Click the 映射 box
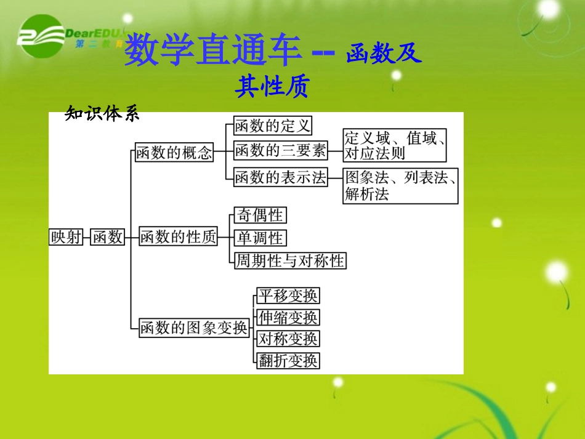tap(66, 237)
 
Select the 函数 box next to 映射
tap(107, 237)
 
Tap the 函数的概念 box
tap(174, 153)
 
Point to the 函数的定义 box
tap(272, 126)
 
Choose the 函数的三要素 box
tap(280, 150)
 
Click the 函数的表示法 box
tap(280, 177)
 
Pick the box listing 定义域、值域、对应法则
tap(395, 145)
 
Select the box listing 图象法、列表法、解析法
tap(401, 186)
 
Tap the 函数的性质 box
tap(178, 237)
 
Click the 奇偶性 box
tap(260, 215)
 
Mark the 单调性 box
tap(260, 238)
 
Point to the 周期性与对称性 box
tap(290, 260)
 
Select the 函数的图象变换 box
tap(193, 328)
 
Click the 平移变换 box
tap(288, 296)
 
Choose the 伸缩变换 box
tap(288, 318)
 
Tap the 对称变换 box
tap(288, 339)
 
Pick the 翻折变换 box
tap(288, 360)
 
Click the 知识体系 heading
tap(102, 114)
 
